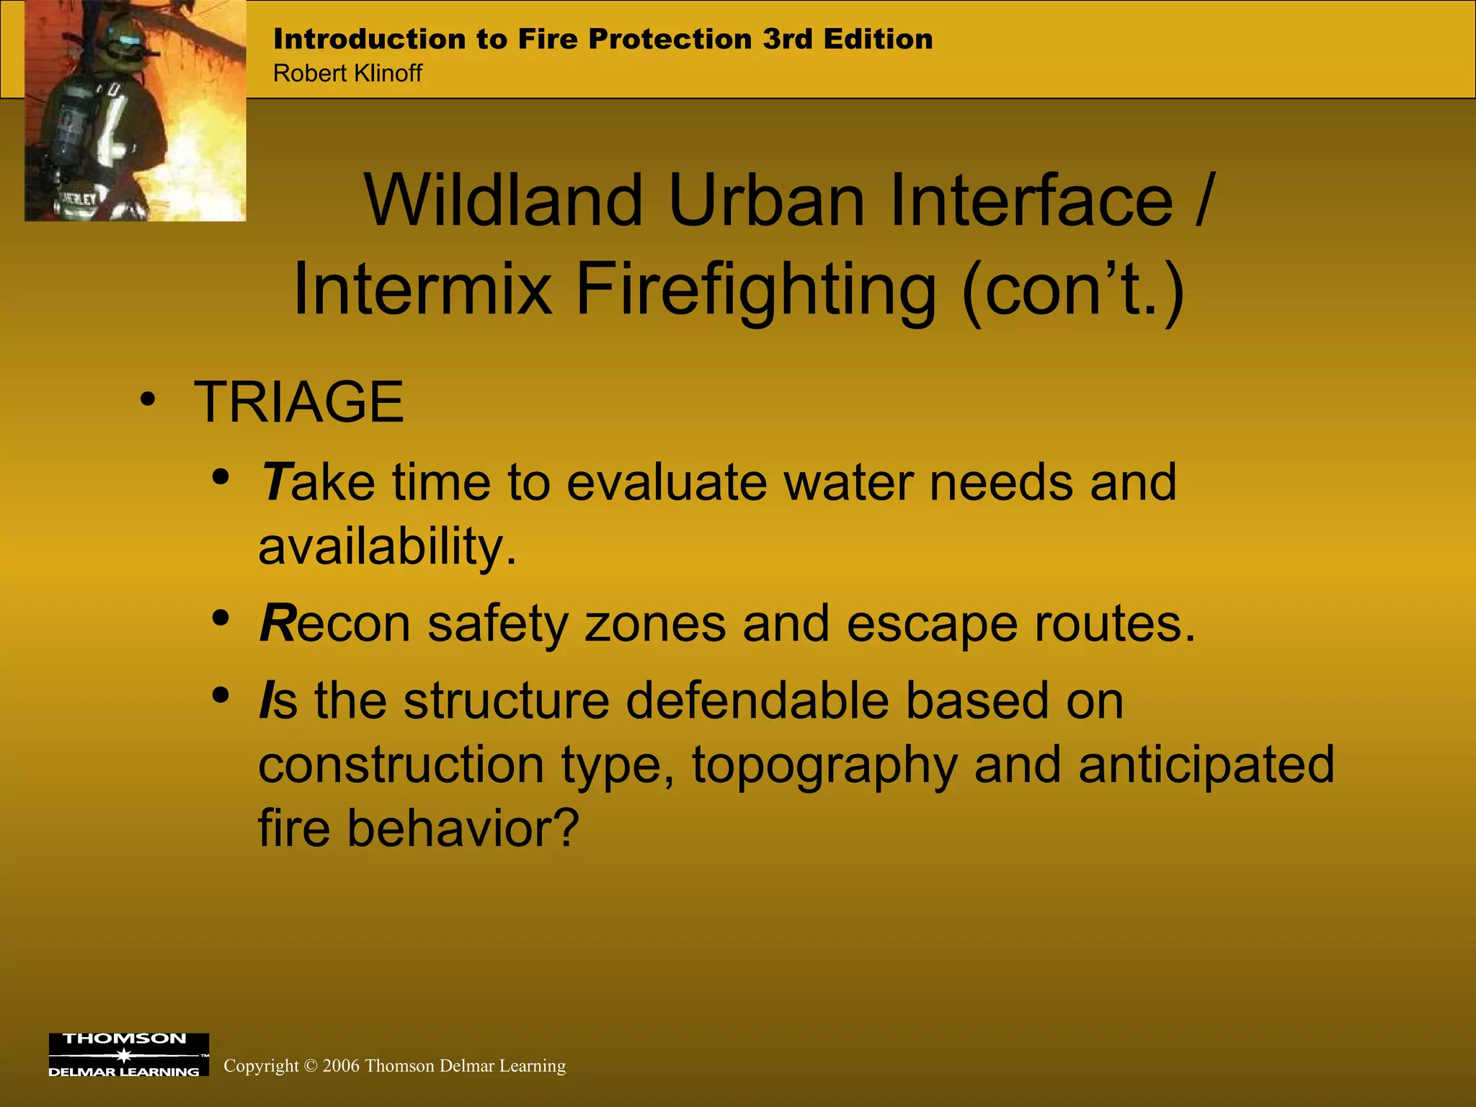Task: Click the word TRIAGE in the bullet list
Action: click(298, 401)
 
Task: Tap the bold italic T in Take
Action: click(275, 481)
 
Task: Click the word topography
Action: click(824, 765)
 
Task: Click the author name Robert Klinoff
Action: click(347, 74)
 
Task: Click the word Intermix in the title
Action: click(422, 290)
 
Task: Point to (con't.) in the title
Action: click(1073, 290)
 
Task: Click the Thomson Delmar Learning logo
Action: click(128, 1054)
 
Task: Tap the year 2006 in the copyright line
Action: click(341, 1066)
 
